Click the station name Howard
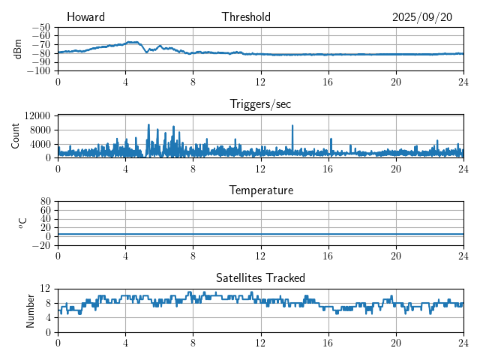pos(85,17)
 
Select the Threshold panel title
pos(246,17)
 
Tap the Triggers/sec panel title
pos(260,103)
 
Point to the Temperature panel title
pos(260,190)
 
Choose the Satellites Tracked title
pos(260,277)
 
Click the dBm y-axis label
pos(18,49)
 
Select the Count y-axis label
pos(15,136)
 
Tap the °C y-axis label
pos(22,223)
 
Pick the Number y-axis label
pos(30,310)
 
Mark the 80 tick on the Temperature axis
pos(45,202)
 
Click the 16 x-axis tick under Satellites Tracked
pos(328,343)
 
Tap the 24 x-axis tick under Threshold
pos(463,82)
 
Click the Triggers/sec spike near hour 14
pos(292,126)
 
